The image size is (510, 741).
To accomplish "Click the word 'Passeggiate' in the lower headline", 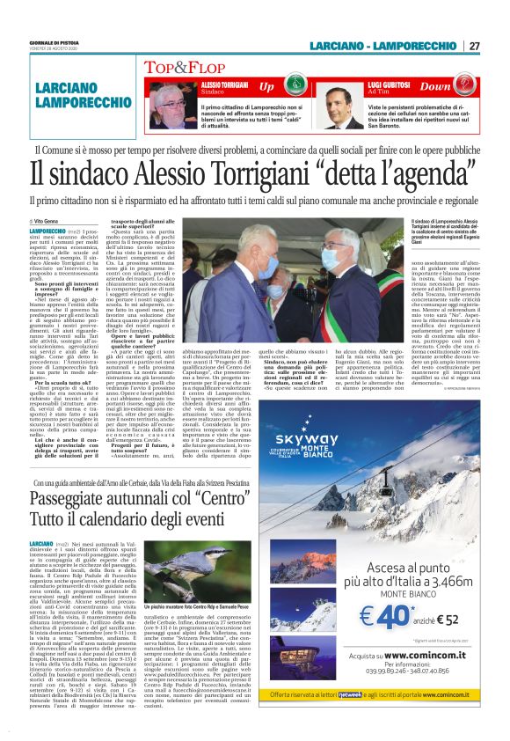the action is coord(106,500).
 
